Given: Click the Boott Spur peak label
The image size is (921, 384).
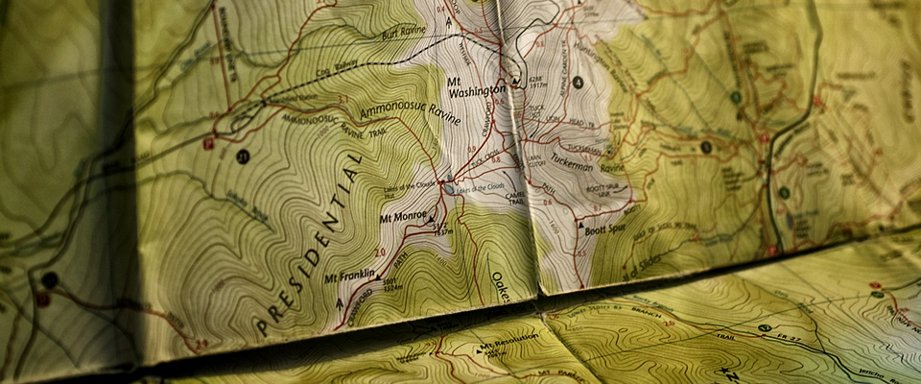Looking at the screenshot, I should click(603, 230).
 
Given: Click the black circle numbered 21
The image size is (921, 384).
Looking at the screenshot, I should click(242, 157).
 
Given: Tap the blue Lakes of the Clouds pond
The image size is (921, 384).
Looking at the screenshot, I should click(450, 189).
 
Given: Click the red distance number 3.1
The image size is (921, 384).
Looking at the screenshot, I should click(342, 99).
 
